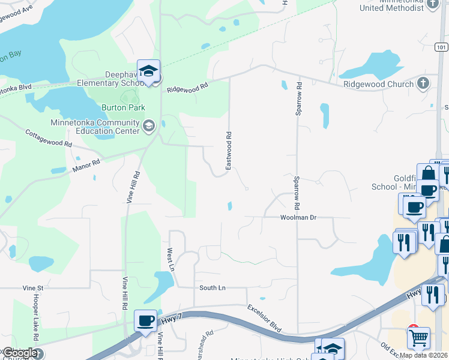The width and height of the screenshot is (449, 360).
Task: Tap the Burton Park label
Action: click(x=123, y=107)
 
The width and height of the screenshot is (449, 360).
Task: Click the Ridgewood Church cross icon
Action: click(x=423, y=83)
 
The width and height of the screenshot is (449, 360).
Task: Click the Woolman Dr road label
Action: click(x=298, y=217)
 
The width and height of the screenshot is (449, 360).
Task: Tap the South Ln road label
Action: click(x=212, y=288)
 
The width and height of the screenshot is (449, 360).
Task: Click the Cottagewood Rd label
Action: click(x=48, y=138)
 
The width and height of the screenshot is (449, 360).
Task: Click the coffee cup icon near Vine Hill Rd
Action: click(x=145, y=320)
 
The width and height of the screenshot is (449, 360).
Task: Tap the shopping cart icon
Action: click(x=418, y=337)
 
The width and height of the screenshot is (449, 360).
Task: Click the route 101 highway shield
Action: click(x=442, y=47)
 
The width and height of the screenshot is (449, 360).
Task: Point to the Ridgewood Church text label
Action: click(x=378, y=85)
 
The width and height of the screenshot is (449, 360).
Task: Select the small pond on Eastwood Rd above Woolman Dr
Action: click(x=231, y=206)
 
